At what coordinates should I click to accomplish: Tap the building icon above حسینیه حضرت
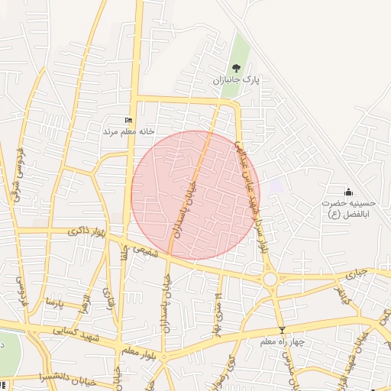pyautogui.click(x=349, y=191)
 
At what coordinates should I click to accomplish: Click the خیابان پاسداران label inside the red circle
pyautogui.click(x=189, y=206)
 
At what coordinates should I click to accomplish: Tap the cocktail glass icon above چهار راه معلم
pyautogui.click(x=283, y=330)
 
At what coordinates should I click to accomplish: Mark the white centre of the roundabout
pyautogui.click(x=270, y=280)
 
